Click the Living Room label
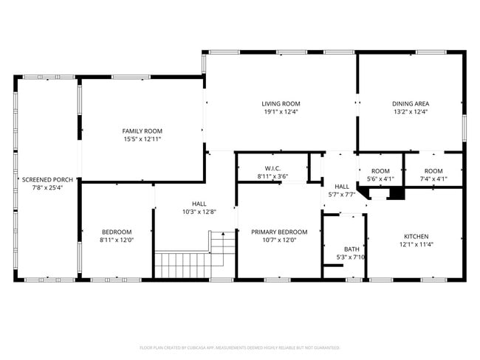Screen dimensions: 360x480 pyautogui.click(x=281, y=103)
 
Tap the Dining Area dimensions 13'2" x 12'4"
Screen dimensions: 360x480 pyautogui.click(x=411, y=112)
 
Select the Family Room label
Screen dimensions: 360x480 pyautogui.click(x=142, y=131)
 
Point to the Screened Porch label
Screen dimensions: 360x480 pyautogui.click(x=47, y=179)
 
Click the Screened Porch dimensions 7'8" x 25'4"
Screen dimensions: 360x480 pyautogui.click(x=47, y=188)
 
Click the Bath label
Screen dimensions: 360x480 pyautogui.click(x=352, y=249)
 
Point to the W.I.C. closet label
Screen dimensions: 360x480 pyautogui.click(x=272, y=167)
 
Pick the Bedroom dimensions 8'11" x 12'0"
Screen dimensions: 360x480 pyautogui.click(x=117, y=240)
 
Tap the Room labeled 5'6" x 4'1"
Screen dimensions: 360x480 pyautogui.click(x=380, y=175)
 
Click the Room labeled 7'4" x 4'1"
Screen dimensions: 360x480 pyautogui.click(x=433, y=175)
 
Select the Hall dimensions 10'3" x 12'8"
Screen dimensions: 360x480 pyautogui.click(x=199, y=212)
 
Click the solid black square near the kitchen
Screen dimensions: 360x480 pyautogui.click(x=396, y=193)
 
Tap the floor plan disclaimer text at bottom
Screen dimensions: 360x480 pyautogui.click(x=240, y=347)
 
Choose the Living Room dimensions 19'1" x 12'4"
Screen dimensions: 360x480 pyautogui.click(x=281, y=112)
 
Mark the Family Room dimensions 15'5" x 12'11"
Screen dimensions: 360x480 pyautogui.click(x=142, y=139)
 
